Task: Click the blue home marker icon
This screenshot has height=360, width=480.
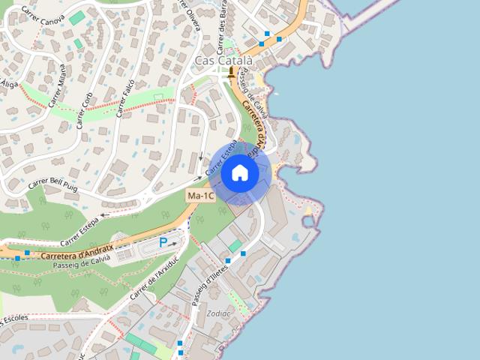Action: (240, 173)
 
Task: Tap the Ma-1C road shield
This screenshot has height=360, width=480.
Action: (201, 196)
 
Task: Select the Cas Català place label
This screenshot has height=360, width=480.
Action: (223, 60)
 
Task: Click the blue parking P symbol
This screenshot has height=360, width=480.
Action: (163, 243)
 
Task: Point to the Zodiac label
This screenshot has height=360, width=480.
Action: (219, 313)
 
